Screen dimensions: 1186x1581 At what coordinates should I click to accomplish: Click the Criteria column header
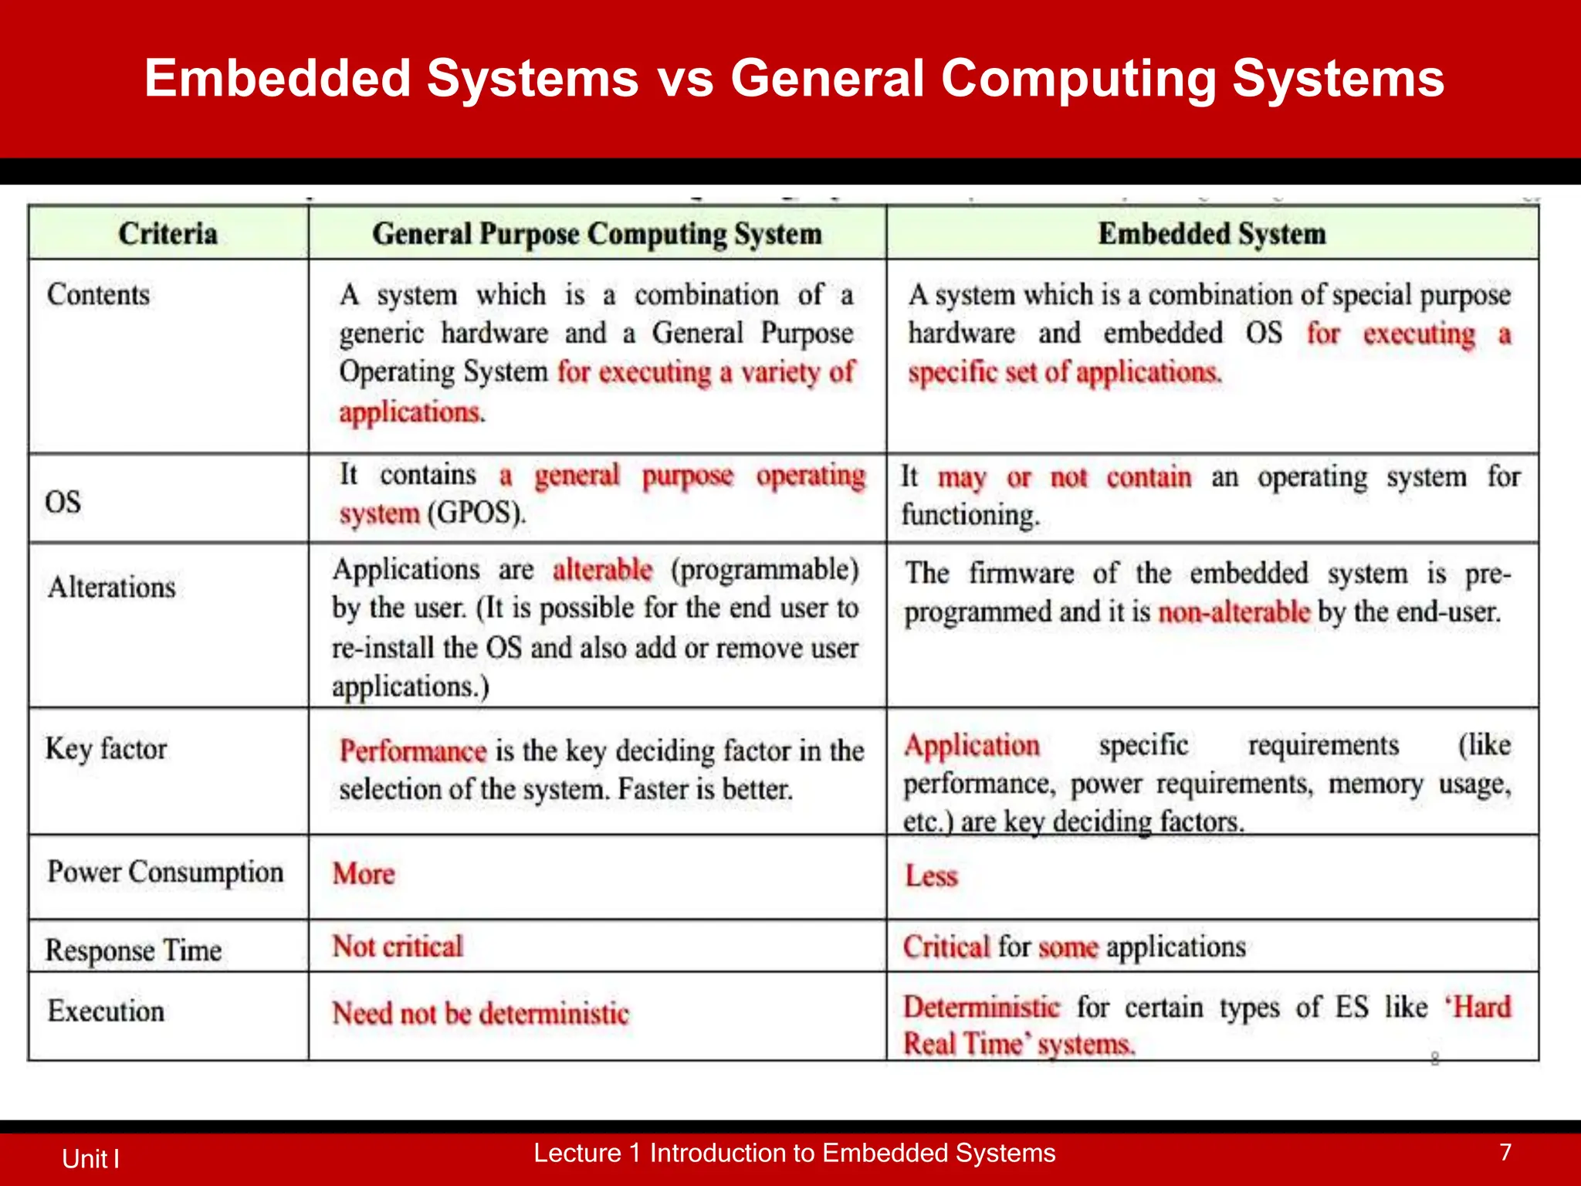[168, 233]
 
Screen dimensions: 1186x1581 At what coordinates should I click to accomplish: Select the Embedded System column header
[1211, 233]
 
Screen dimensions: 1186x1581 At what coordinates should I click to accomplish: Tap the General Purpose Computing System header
[597, 234]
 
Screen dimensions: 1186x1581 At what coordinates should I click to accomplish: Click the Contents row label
[98, 294]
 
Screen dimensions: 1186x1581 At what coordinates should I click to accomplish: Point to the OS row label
[63, 502]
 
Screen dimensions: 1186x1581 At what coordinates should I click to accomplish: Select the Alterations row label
[112, 588]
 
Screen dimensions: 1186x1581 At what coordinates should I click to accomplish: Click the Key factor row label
[106, 749]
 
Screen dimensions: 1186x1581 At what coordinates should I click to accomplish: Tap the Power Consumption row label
[165, 873]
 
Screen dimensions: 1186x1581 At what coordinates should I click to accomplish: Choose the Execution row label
[106, 1011]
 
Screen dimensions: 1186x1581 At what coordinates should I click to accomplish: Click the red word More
[364, 874]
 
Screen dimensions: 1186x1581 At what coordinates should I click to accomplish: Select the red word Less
[931, 876]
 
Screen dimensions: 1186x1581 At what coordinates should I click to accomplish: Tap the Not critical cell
[398, 947]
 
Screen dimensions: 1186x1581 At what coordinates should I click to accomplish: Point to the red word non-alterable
[1234, 612]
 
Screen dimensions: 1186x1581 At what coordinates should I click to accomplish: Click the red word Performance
[413, 751]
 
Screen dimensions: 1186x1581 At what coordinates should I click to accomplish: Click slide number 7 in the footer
[1505, 1153]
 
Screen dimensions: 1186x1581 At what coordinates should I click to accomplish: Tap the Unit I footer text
[90, 1159]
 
